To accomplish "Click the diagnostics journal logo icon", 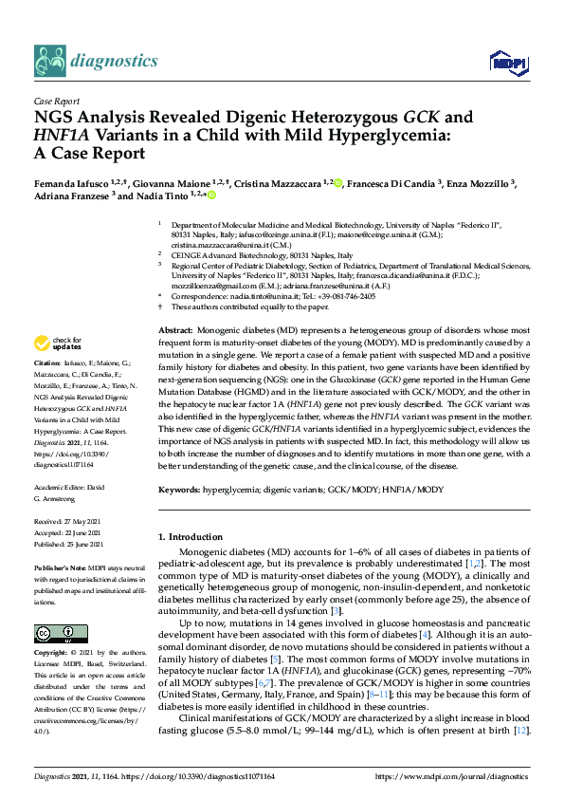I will (x=50, y=61).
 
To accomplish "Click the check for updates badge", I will (x=57, y=343).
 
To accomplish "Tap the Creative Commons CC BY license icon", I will (x=54, y=632).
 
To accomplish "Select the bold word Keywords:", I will (x=179, y=489).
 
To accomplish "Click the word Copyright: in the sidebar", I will (x=52, y=654).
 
